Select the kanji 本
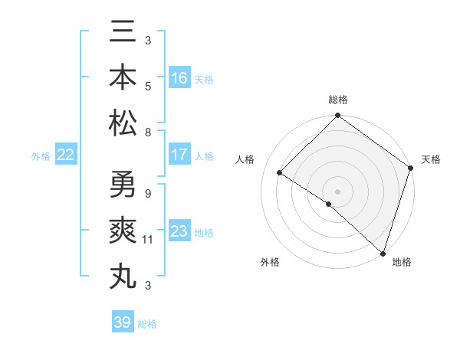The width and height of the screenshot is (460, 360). click(123, 79)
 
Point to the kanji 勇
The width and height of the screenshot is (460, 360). click(123, 185)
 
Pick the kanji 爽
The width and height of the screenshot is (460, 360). click(123, 231)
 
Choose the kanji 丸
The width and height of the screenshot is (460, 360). click(123, 275)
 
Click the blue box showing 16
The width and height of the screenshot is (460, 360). click(179, 78)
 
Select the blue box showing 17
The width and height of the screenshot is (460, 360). click(179, 155)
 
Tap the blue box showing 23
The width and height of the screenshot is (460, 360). click(179, 232)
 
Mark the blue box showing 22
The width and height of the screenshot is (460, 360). click(66, 155)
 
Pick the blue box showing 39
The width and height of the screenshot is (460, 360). click(123, 322)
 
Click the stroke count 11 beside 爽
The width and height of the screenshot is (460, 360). click(148, 240)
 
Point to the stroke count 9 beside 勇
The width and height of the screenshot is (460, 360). click(148, 194)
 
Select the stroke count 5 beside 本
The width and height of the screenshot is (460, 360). click(148, 87)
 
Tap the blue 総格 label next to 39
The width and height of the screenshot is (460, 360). click(147, 324)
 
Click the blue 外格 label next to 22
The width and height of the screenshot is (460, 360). click(41, 156)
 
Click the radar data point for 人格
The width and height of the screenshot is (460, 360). click(280, 174)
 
